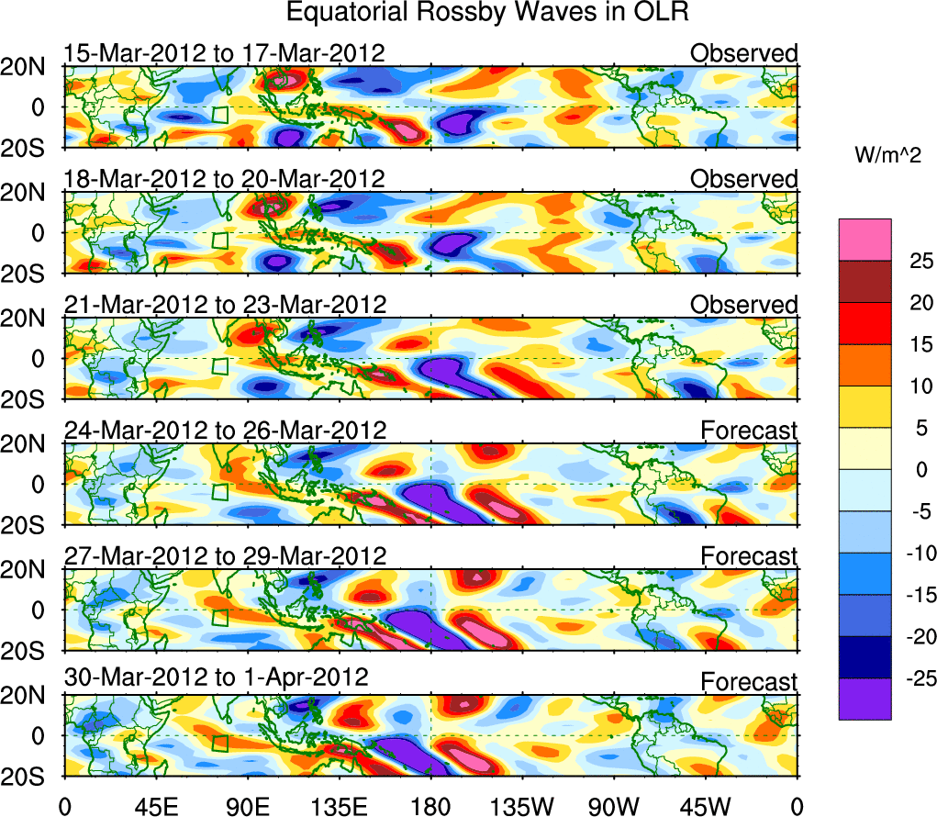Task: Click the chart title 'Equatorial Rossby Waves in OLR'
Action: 487,14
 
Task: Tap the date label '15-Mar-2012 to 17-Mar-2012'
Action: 224,53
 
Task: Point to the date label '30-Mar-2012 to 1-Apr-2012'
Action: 217,678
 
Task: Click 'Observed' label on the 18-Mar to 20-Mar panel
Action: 744,179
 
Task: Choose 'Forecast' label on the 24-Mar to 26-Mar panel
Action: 749,430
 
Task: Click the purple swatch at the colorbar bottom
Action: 864,699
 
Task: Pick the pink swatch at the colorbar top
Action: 864,240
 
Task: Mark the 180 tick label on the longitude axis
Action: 430,806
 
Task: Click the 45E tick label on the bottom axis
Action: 156,806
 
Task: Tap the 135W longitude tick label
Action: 522,806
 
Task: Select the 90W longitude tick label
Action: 614,806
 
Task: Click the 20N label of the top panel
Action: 30,67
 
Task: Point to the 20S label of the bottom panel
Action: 30,777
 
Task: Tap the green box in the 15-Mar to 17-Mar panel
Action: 219,115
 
